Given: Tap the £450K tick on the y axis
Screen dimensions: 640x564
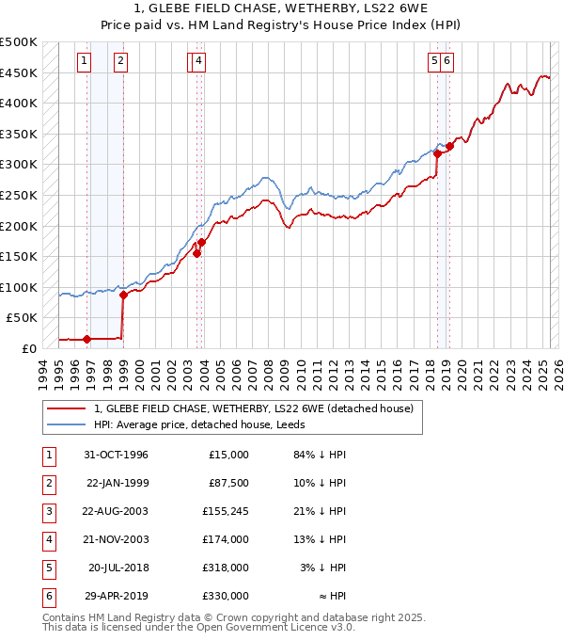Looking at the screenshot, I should [x=19, y=72].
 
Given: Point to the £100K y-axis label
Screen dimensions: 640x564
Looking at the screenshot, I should [x=19, y=287].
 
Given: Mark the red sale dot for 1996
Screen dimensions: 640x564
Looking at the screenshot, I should [x=87, y=339].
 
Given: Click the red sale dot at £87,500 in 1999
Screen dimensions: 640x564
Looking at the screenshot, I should [x=123, y=295].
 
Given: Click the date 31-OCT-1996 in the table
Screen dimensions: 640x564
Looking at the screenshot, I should [x=116, y=455].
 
